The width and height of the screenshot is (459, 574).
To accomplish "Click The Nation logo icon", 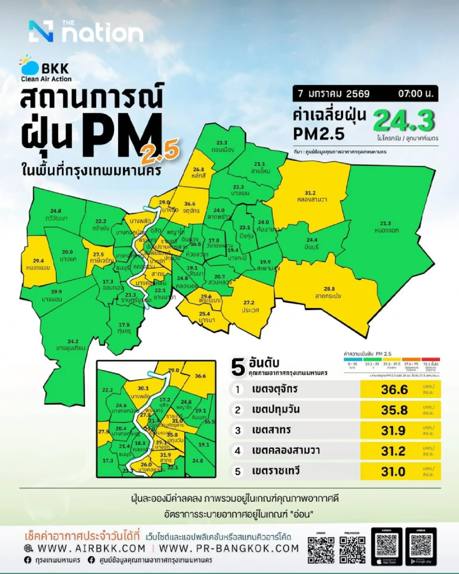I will tap(41, 31).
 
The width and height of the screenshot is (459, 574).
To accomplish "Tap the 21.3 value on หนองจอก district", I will tap(386, 223).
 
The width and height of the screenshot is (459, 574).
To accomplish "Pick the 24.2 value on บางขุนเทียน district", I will tap(73, 341).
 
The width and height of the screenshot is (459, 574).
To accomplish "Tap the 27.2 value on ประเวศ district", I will tap(249, 303).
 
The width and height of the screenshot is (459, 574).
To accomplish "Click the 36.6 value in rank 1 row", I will tap(394, 390).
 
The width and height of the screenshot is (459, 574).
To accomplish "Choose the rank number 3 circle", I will tap(238, 431).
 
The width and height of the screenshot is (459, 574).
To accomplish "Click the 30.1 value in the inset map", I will tap(143, 388).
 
